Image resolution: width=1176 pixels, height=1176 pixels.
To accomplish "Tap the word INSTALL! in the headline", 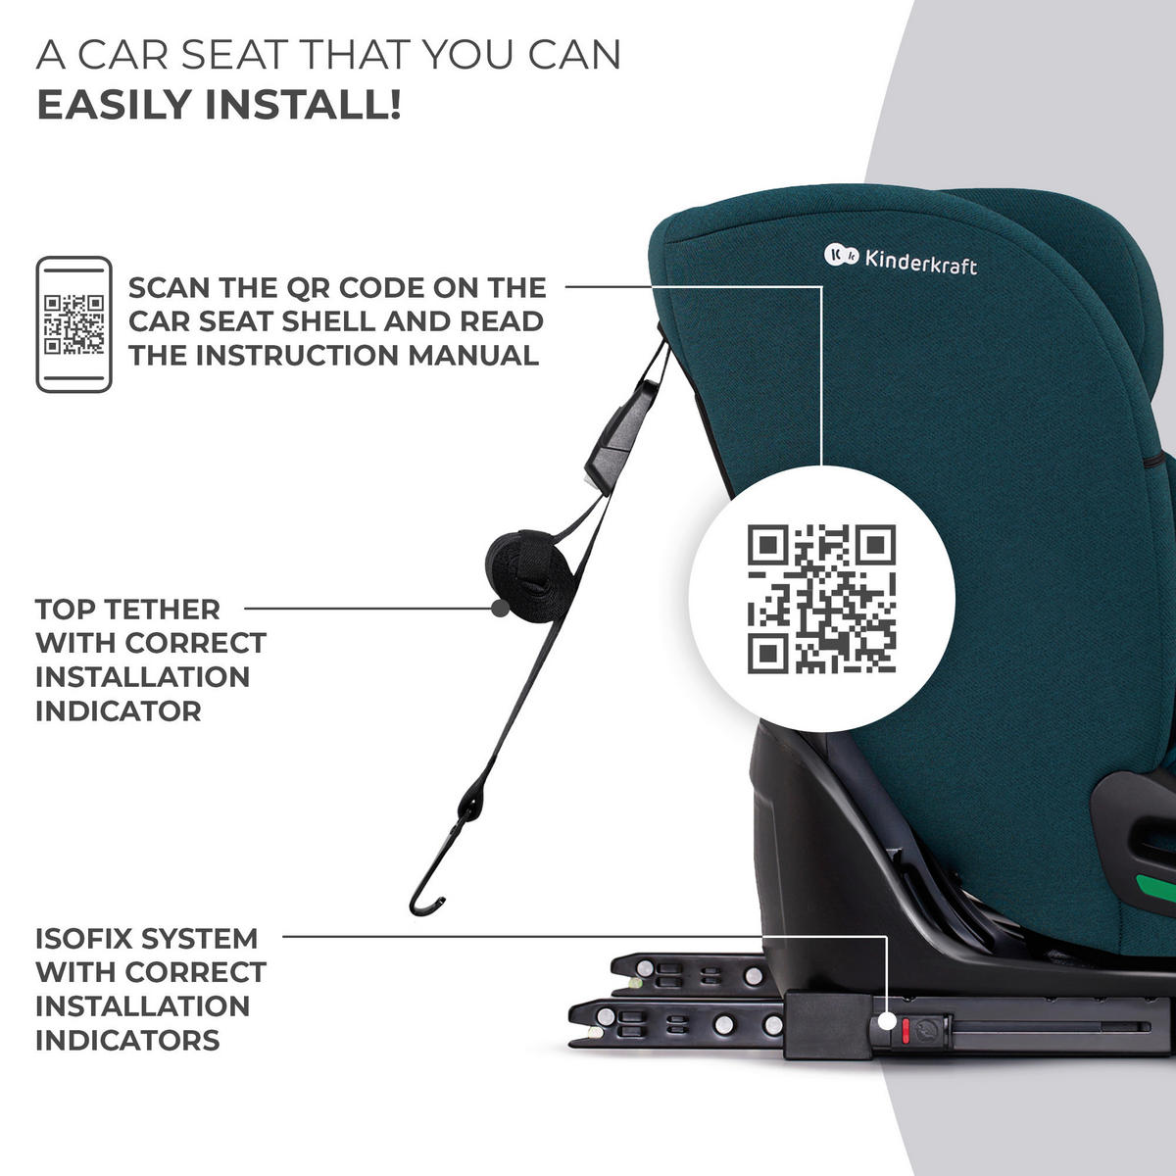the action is click(x=303, y=104).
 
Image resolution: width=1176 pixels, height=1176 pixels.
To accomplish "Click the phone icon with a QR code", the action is click(x=73, y=324).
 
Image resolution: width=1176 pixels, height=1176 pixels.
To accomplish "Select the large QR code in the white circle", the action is click(x=821, y=599).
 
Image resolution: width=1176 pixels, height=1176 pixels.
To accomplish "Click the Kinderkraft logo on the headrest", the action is click(x=901, y=260).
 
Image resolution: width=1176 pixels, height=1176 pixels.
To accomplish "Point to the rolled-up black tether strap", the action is click(x=528, y=575).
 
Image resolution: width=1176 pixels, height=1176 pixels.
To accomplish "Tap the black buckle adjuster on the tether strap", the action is click(x=621, y=436).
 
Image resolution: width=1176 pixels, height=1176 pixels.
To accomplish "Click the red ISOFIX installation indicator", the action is click(x=906, y=1030).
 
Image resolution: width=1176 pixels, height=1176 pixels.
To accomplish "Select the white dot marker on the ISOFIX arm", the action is click(x=888, y=1021).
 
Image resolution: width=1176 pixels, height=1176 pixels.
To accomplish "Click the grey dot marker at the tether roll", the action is click(x=500, y=608).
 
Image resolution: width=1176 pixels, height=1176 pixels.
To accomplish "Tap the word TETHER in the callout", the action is click(x=162, y=609).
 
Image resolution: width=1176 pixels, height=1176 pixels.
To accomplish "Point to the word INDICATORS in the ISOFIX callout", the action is click(x=127, y=1040).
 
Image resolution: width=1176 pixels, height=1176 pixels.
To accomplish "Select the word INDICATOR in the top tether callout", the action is click(x=119, y=710).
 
